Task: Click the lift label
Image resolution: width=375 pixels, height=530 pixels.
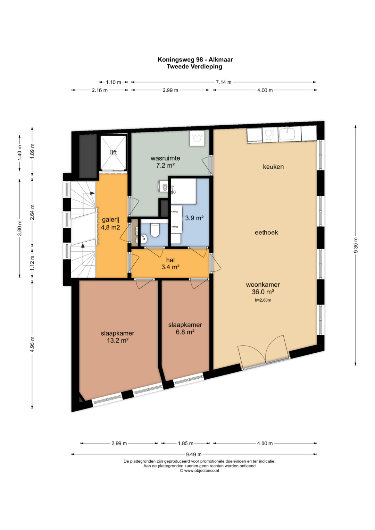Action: tap(114, 152)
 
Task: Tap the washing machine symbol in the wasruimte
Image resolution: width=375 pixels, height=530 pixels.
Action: tap(197, 139)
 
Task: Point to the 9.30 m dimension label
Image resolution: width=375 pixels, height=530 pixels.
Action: tap(355, 245)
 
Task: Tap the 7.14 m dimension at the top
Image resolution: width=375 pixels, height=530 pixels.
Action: tap(224, 82)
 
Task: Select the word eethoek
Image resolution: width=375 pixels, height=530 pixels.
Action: tap(266, 232)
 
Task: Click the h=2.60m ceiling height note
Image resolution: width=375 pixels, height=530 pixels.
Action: tap(263, 300)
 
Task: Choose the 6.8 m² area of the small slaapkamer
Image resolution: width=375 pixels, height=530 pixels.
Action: tap(185, 332)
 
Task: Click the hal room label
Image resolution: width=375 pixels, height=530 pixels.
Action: tap(170, 260)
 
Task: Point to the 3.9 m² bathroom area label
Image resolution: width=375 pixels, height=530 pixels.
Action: tap(194, 218)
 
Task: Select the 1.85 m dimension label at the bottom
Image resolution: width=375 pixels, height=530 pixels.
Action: tap(186, 443)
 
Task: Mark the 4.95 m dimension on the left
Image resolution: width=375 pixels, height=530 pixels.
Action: tap(32, 344)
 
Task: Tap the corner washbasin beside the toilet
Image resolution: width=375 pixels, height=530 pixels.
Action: tap(144, 239)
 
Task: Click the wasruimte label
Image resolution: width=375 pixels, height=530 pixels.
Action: tap(165, 158)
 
